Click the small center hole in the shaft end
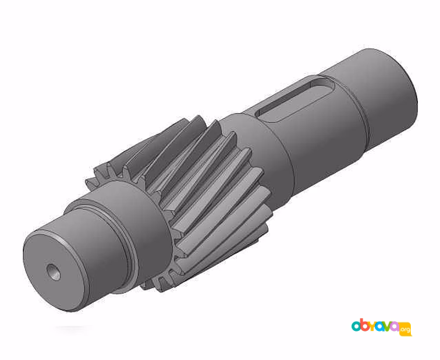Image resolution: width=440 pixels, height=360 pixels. pyautogui.click(x=54, y=272)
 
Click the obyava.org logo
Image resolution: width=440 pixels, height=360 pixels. pyautogui.click(x=381, y=327)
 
